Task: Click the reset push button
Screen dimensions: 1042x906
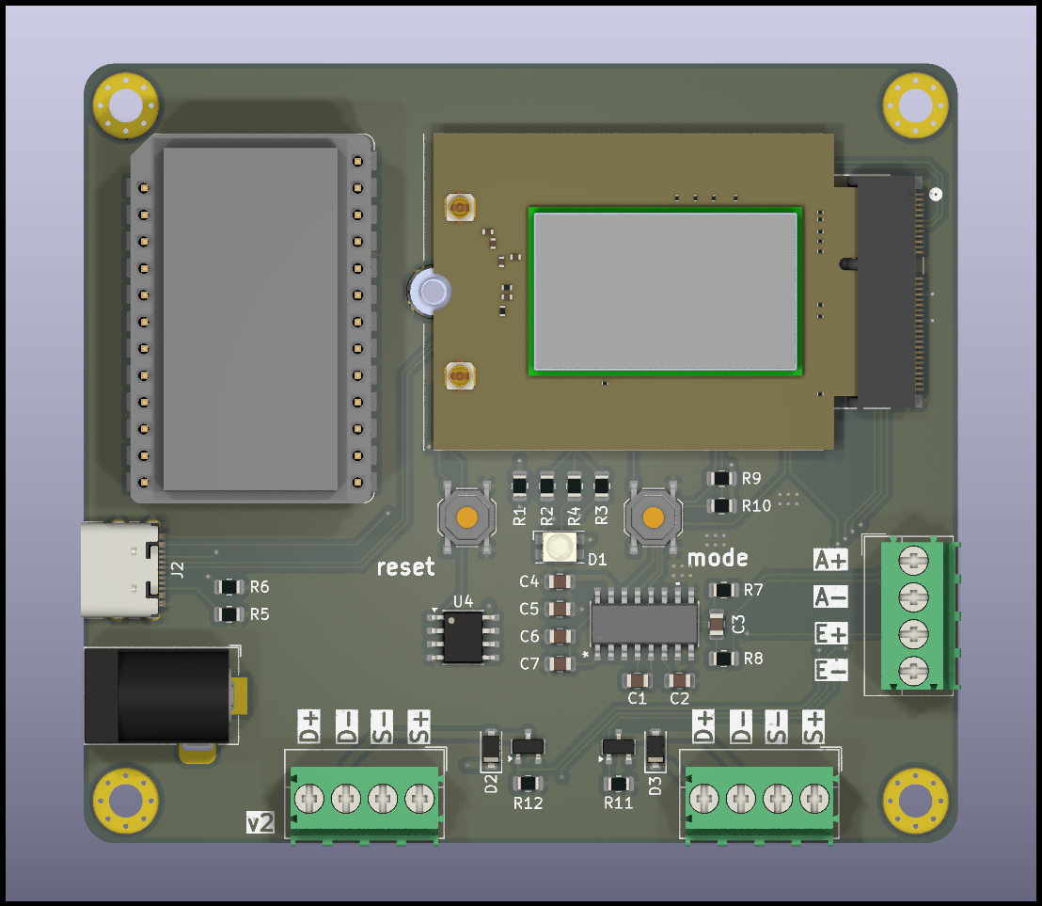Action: point(466,517)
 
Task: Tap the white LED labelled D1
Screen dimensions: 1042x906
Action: point(559,547)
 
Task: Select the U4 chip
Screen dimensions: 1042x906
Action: point(464,637)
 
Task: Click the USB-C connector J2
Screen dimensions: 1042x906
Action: point(122,570)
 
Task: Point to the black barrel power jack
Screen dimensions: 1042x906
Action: point(162,695)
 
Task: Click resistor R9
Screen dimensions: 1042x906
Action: point(721,478)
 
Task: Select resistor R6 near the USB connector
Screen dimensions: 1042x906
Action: point(229,587)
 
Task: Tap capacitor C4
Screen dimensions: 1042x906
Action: point(559,581)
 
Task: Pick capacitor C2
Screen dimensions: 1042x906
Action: point(679,680)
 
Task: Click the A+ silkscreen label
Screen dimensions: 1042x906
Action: point(830,560)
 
